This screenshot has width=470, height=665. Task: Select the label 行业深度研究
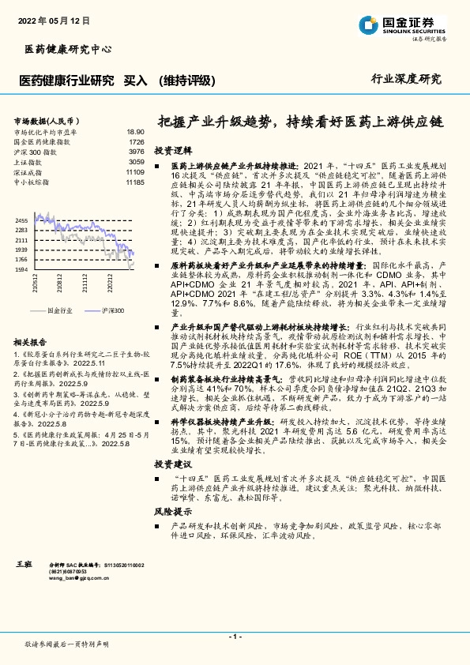coord(406,78)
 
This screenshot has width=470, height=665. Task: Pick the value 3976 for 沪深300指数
coord(136,151)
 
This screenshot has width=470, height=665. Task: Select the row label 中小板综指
coord(32,182)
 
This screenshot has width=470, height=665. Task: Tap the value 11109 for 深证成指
coord(134,171)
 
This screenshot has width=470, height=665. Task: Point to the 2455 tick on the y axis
coord(21,220)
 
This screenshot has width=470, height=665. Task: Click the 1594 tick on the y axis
coord(21,269)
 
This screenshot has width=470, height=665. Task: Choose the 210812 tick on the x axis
coord(60,283)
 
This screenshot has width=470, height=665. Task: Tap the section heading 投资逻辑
coord(172,149)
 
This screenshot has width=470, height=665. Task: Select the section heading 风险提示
coord(172,511)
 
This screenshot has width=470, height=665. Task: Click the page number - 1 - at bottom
coord(235,636)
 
